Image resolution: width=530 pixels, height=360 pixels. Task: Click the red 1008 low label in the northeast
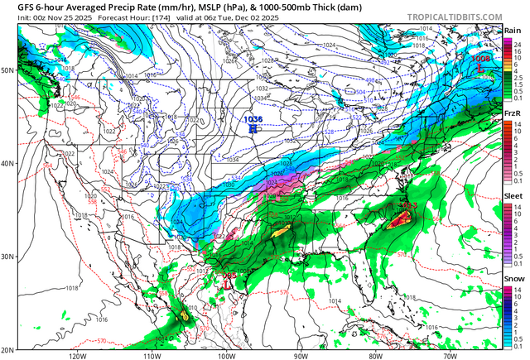click(x=481, y=59)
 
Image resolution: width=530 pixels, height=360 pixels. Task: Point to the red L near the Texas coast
click(x=226, y=281)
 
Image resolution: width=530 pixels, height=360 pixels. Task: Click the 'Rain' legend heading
click(x=513, y=31)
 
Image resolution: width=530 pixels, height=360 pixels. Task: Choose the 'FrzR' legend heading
click(x=513, y=113)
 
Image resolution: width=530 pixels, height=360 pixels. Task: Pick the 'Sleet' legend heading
click(x=513, y=196)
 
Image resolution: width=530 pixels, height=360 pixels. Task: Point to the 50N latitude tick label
click(x=7, y=70)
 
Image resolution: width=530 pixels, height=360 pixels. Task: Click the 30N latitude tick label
click(x=7, y=257)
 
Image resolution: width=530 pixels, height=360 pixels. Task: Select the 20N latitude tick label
click(x=7, y=349)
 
